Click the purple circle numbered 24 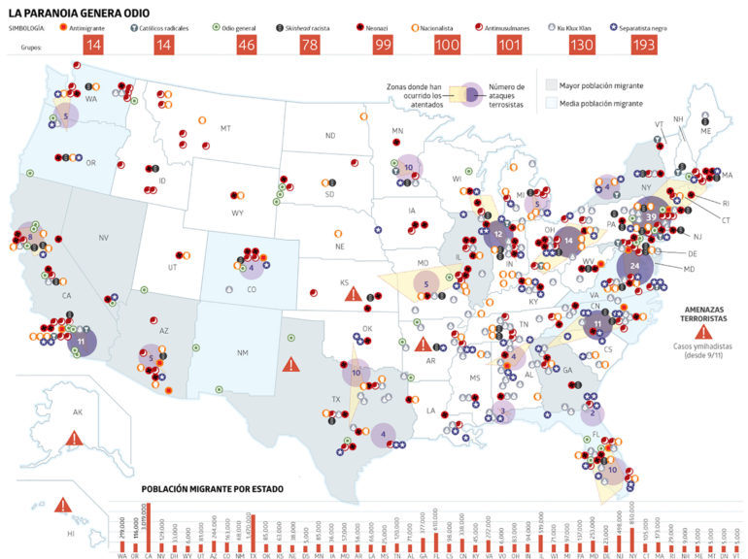point(633,265)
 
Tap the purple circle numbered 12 point(498,234)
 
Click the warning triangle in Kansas point(355,294)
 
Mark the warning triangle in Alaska point(75,438)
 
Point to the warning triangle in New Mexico point(290,365)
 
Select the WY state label point(238,213)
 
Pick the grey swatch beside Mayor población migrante point(551,85)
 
